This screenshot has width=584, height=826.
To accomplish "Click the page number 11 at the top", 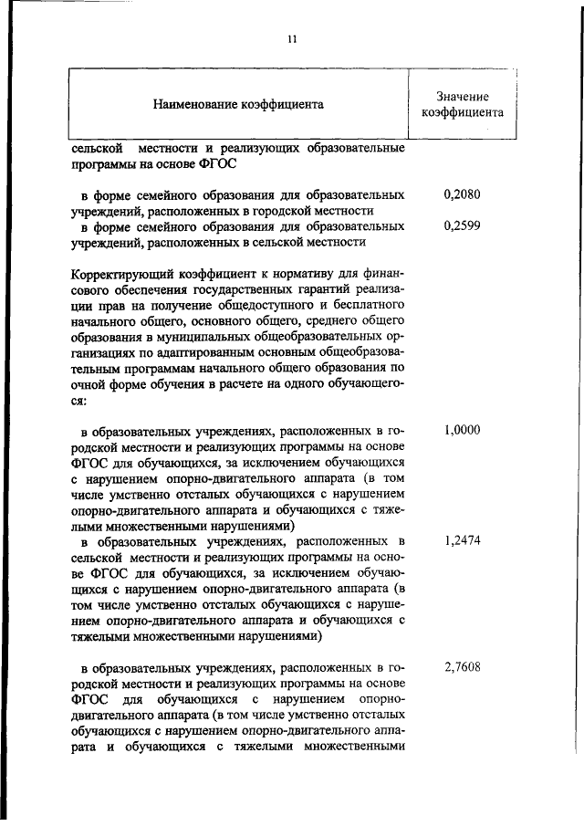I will [x=292, y=38].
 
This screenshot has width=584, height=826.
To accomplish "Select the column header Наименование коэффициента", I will [x=238, y=105].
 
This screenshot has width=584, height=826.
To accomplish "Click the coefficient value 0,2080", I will [x=461, y=194].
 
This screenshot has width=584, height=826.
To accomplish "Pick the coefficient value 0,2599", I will [x=461, y=226].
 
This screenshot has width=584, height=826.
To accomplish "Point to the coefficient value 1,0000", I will [x=461, y=431].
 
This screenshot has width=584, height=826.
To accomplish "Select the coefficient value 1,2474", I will [x=461, y=540].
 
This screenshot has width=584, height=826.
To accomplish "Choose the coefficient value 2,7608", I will [x=461, y=666].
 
